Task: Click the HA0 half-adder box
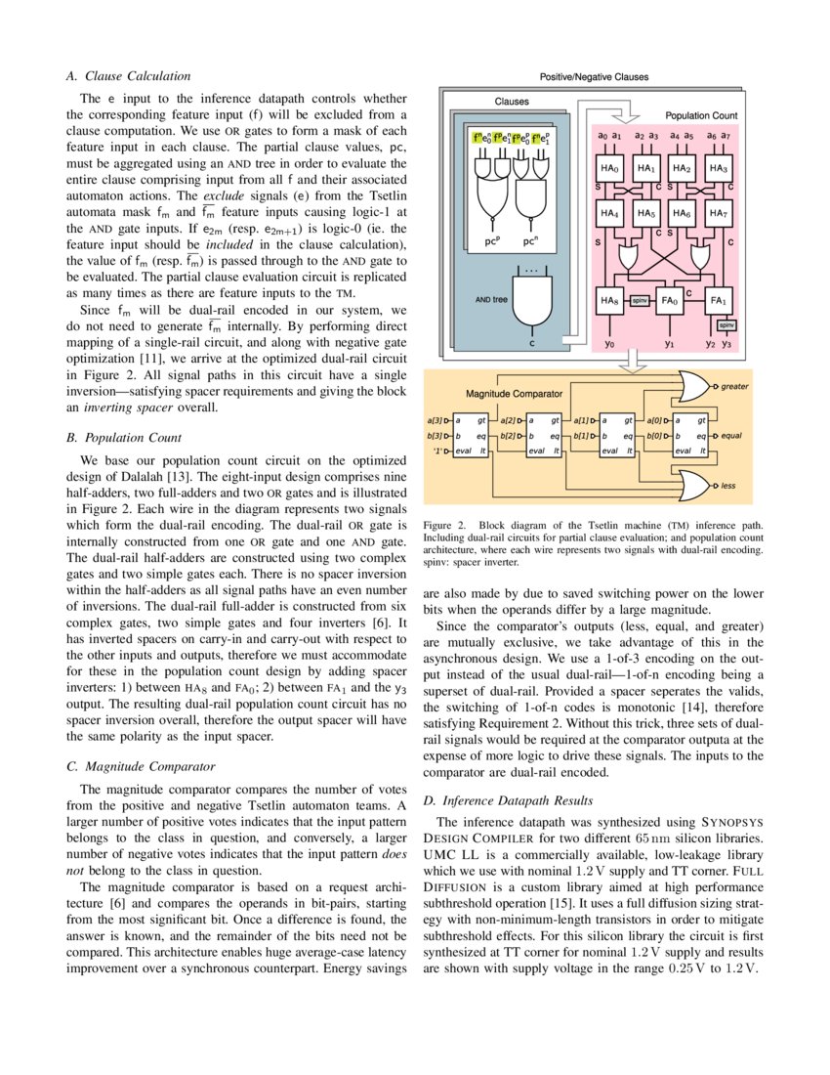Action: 610,168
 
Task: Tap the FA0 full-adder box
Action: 670,302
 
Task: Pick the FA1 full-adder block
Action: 719,302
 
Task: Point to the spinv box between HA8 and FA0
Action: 641,302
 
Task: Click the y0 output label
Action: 609,344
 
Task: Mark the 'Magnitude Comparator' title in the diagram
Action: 514,394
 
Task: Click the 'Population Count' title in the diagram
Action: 701,115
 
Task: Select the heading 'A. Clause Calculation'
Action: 128,75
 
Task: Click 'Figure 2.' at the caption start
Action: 445,525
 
